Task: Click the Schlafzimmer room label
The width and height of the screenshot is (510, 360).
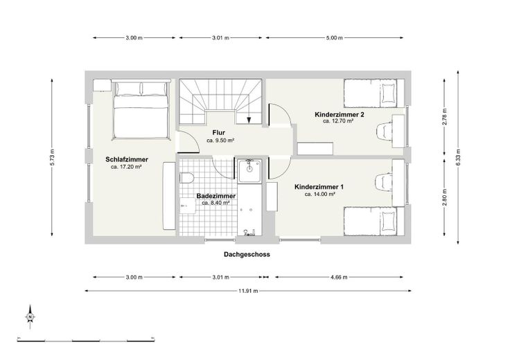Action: pos(127,159)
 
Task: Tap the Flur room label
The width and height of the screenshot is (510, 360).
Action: pos(219,132)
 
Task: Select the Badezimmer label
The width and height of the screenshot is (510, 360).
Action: pos(216,196)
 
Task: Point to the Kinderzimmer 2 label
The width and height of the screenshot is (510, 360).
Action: pos(340,114)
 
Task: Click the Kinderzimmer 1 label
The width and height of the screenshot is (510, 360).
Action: pos(319,187)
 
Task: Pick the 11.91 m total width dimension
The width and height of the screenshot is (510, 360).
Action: pos(248,291)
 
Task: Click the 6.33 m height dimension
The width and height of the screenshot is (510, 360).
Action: pos(458,157)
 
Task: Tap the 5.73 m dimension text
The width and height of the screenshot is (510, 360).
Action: pos(52,157)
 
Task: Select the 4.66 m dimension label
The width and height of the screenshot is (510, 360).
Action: pos(339,277)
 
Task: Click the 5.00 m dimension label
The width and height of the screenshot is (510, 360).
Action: pos(335,37)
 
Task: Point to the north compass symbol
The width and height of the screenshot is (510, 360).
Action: pos(30,317)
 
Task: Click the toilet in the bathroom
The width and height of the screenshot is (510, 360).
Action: pos(186,178)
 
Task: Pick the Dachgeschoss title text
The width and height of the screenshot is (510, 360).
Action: pos(247,254)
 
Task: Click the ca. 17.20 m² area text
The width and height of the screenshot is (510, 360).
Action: pos(126,167)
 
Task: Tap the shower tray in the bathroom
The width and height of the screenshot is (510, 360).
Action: pos(249,171)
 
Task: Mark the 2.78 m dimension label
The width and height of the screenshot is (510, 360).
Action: pos(445,116)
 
